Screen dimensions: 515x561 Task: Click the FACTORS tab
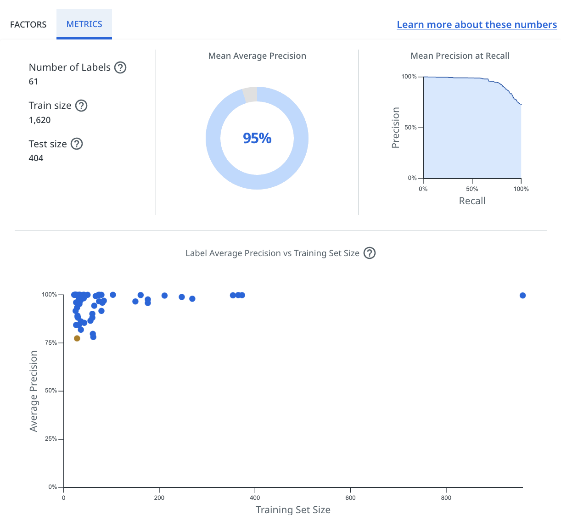(28, 24)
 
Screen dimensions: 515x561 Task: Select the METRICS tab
(84, 24)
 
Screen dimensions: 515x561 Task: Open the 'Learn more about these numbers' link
(477, 25)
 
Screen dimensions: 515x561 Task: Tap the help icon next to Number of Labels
(120, 67)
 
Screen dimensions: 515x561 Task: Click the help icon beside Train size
(81, 106)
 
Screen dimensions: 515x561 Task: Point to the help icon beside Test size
(77, 144)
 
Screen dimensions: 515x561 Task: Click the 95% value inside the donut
(257, 138)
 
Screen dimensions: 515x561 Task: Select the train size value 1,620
(39, 120)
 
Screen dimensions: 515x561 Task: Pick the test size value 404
(36, 158)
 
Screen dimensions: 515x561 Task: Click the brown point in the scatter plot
(77, 338)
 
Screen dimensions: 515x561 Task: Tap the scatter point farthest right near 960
(522, 295)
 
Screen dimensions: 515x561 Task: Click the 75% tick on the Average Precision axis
(51, 343)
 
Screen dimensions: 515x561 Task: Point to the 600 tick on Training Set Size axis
(350, 498)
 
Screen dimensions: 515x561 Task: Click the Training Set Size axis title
(293, 509)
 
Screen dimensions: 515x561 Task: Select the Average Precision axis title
(34, 391)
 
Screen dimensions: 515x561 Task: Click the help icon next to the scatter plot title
(370, 253)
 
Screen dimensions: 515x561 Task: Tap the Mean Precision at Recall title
(460, 56)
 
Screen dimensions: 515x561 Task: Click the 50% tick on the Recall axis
(472, 189)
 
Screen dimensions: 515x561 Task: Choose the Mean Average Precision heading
(257, 56)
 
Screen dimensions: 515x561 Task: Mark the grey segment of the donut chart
(250, 94)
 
